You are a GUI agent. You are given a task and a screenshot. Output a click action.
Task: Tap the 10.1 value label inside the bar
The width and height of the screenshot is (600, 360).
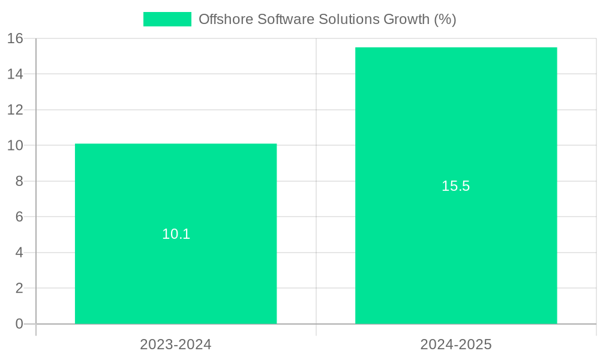pos(176,234)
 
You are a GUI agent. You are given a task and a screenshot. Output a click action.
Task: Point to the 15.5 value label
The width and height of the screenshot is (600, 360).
pos(456,186)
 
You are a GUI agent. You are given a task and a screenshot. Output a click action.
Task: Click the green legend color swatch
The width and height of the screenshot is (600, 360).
pos(167,19)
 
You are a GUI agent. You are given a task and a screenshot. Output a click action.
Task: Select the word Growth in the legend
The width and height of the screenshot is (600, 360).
pos(406,19)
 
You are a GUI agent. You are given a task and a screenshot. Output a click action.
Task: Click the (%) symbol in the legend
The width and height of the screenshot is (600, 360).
pos(445,19)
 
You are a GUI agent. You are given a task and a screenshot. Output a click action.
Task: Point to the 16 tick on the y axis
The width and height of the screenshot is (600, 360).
pos(15,38)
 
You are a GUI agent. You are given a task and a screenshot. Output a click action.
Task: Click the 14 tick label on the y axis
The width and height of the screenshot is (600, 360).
pos(15,74)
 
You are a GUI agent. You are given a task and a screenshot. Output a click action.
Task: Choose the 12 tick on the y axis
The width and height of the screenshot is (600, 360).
pos(15,110)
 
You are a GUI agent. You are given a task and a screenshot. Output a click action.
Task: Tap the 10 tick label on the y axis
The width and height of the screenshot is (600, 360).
pos(15,146)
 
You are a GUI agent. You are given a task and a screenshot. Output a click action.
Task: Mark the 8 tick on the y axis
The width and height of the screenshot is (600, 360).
pos(19,181)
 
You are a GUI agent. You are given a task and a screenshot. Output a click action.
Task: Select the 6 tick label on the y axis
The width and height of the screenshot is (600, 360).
pos(19,217)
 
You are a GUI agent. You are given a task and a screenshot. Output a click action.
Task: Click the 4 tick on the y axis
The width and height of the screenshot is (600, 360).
pos(19,253)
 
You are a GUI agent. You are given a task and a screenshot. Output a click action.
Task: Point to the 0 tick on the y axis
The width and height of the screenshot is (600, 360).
pos(19,324)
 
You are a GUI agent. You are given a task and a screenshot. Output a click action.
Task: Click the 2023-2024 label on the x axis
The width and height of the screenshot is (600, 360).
pos(176,344)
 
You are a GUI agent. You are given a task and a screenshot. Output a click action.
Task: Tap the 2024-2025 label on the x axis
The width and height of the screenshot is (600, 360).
pos(456,344)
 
